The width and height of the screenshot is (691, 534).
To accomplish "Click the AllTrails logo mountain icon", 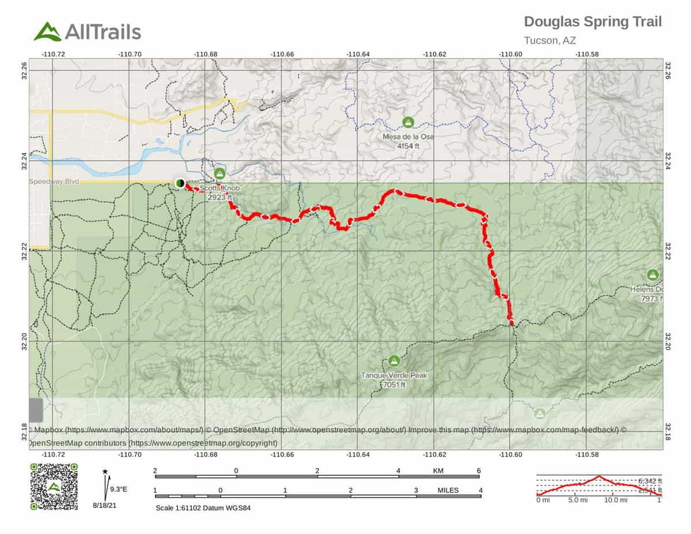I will click(47, 31).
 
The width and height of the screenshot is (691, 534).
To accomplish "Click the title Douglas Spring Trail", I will click(592, 22).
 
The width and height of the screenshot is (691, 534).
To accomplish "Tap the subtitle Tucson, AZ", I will click(549, 40).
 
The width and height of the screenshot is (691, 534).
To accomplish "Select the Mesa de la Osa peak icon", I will click(408, 123).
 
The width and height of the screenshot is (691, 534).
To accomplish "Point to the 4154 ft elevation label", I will click(408, 146).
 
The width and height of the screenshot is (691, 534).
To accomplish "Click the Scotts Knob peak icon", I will click(219, 173).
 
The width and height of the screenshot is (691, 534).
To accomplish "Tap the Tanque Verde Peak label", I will click(394, 376).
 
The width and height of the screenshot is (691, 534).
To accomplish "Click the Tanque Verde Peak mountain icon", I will click(394, 361).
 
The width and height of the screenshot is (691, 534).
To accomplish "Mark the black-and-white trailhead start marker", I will click(180, 183).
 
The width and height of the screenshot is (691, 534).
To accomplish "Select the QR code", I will click(54, 487).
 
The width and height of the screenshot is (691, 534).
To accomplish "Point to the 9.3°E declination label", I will click(118, 489).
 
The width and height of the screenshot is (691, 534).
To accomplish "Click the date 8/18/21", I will click(105, 505).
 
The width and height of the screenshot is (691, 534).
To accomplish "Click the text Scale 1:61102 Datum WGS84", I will click(203, 508).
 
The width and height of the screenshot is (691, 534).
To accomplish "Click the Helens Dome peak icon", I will click(653, 275).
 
